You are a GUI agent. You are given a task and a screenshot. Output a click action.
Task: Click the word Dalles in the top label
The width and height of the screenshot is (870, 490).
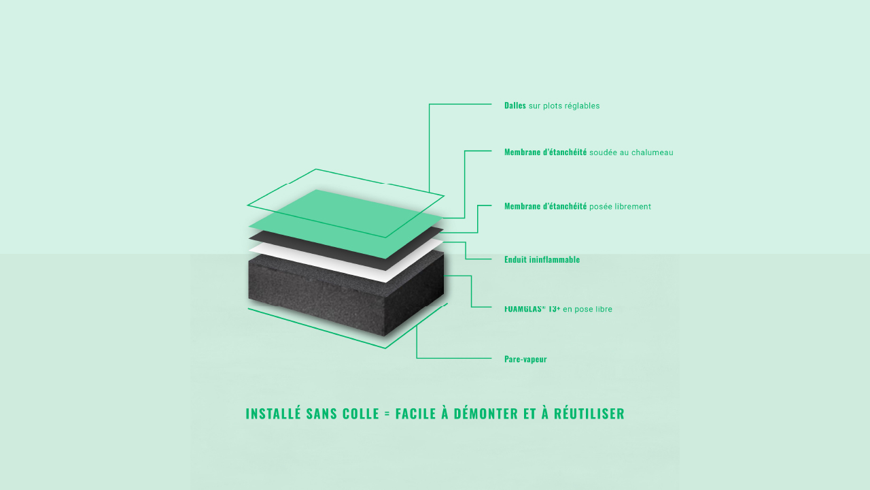coord(515,105)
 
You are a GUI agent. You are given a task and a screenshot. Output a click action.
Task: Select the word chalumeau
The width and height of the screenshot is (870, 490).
coord(652,152)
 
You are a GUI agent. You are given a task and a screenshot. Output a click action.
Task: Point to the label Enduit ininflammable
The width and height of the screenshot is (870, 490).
coord(542,259)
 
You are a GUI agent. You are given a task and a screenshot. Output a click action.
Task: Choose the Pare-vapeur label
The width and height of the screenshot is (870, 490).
coord(525,359)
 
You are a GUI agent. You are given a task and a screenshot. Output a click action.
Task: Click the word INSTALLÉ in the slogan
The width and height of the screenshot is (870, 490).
coord(273,413)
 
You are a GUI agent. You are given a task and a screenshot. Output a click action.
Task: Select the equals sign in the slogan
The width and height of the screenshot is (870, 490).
coord(387,414)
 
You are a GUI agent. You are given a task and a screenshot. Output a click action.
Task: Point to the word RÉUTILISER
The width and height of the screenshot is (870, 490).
coord(589,413)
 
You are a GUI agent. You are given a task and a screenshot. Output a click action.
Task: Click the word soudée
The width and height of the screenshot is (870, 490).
coord(603,152)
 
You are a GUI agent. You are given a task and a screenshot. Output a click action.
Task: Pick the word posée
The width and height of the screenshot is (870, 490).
coord(601,206)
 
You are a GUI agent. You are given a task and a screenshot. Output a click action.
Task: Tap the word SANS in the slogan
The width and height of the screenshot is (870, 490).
coord(321,413)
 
